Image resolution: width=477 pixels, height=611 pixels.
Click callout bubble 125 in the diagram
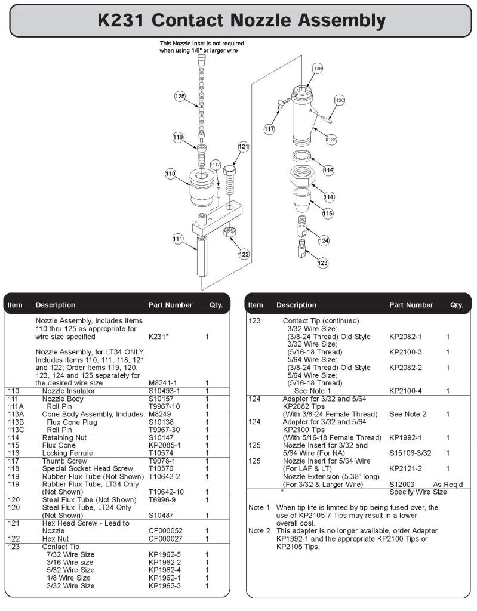coord(180,95)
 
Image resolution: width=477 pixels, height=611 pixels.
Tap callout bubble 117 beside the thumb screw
coord(269,128)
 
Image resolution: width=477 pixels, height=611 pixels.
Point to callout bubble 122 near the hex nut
coord(243,254)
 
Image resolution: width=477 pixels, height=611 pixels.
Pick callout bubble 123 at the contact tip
coord(323,263)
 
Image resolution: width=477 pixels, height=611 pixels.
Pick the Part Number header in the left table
coord(170,305)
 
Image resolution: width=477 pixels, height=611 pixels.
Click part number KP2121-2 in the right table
coord(405,469)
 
